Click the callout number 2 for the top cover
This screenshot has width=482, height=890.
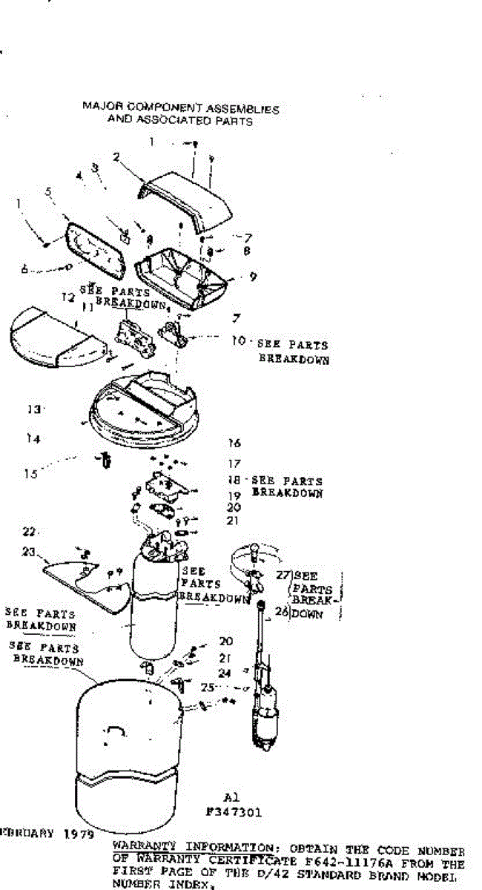[x=117, y=156]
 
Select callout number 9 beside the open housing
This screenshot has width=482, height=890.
[x=253, y=277]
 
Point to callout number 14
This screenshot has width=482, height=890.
[x=32, y=439]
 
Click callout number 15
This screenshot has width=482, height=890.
[x=30, y=474]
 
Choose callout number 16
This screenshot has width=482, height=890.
[x=234, y=443]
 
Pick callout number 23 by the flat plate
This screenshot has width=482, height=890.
[x=29, y=551]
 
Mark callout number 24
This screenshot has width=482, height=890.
[x=225, y=673]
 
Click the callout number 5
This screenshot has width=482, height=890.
[x=48, y=191]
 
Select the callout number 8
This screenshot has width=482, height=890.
[x=246, y=251]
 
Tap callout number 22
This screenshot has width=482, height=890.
[x=29, y=532]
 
